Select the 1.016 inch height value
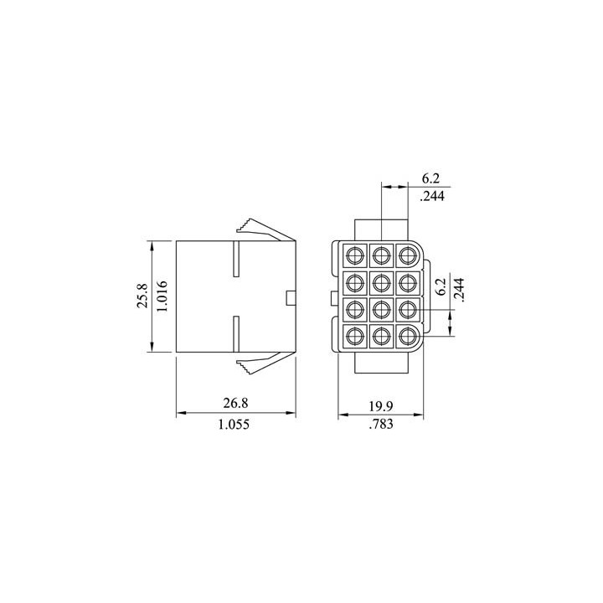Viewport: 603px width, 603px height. [164, 296]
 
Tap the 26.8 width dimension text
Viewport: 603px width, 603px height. [236, 404]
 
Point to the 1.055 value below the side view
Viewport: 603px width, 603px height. [236, 425]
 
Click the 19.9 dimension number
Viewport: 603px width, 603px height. [381, 405]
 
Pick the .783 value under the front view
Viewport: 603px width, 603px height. [381, 425]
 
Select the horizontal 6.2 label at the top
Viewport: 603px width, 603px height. [430, 178]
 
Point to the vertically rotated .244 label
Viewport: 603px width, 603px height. [460, 289]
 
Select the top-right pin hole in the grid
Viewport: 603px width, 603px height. [408, 254]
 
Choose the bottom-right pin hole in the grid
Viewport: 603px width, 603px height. [408, 337]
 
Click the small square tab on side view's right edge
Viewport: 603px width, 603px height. [291, 297]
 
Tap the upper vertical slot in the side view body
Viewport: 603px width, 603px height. [237, 260]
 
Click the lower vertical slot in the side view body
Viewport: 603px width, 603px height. [237, 334]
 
